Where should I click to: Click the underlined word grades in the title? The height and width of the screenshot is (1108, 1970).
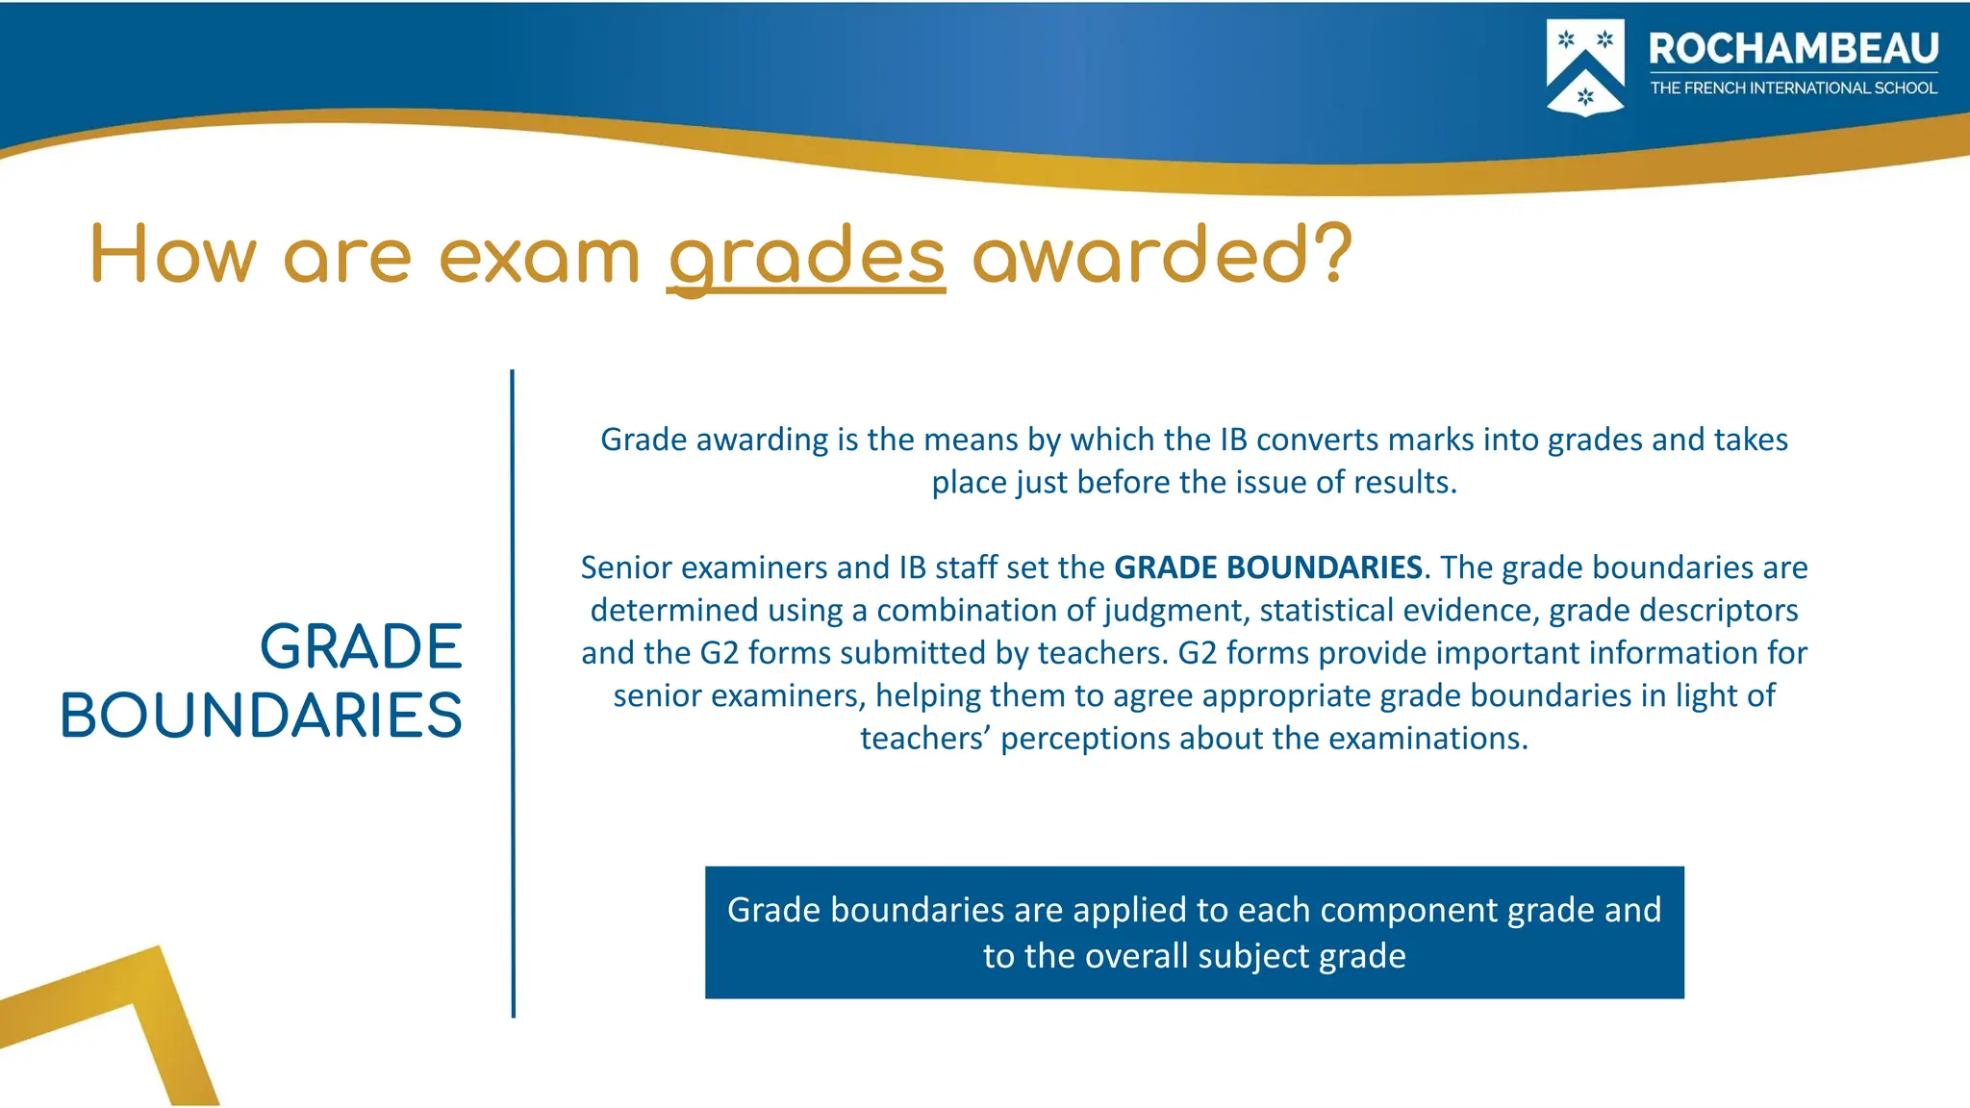806,257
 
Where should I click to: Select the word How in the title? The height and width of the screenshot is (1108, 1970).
174,255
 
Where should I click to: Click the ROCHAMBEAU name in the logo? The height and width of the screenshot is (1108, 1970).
1793,49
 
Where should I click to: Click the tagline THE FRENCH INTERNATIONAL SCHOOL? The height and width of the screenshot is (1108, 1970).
1793,88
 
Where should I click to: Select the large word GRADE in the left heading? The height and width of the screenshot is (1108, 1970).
361,646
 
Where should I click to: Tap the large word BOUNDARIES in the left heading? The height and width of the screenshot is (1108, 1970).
262,716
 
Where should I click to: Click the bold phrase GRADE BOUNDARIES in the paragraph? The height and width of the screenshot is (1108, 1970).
1268,567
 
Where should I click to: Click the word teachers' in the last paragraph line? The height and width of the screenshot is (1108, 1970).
924,738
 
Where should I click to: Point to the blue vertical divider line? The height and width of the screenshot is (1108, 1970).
513,692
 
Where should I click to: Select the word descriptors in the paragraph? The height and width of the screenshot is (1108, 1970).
1722,610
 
